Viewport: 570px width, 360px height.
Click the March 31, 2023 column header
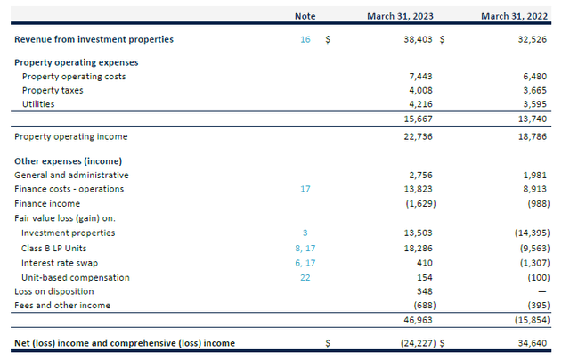[400, 16]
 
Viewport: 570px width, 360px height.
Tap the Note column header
[305, 16]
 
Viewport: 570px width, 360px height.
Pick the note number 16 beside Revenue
[305, 39]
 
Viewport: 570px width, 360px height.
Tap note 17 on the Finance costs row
[305, 189]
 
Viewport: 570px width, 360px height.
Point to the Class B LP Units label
[53, 248]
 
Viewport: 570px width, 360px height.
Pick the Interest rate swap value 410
[424, 262]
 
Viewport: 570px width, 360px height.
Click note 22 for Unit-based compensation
[305, 277]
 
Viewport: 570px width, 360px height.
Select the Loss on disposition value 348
[424, 291]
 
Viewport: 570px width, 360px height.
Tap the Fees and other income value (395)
[533, 306]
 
